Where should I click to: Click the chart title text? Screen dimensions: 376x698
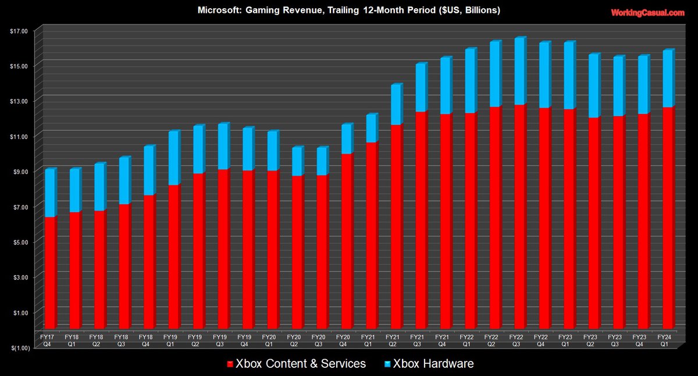pyautogui.click(x=348, y=10)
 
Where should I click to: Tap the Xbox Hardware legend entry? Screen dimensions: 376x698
pyautogui.click(x=433, y=364)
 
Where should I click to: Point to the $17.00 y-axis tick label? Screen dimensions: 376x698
pyautogui.click(x=17, y=31)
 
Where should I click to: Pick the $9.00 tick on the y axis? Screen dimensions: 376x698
pyautogui.click(x=18, y=172)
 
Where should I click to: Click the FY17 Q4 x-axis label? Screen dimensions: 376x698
pyautogui.click(x=47, y=340)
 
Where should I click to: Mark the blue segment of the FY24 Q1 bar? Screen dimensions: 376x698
pyautogui.click(x=667, y=79)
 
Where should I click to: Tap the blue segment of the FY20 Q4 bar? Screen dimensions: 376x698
pyautogui.click(x=346, y=139)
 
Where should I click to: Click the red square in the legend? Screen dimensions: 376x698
pyautogui.click(x=229, y=364)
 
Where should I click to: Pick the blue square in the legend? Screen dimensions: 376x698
pyautogui.click(x=387, y=364)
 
